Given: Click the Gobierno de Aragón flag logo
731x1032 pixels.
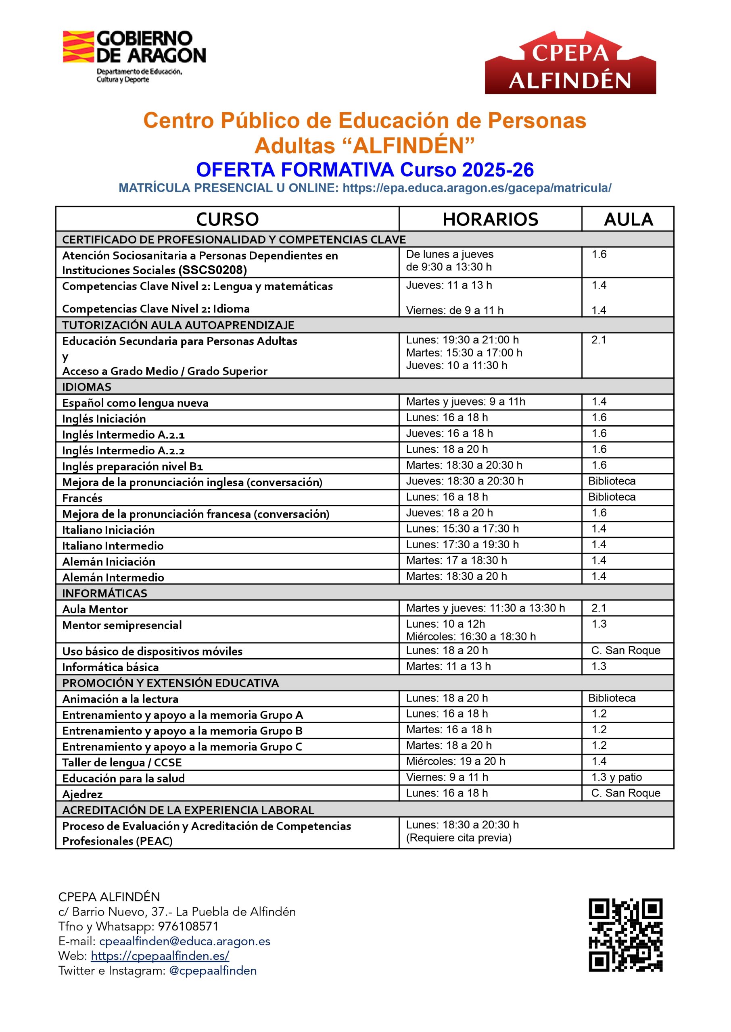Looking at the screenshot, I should click(x=78, y=46).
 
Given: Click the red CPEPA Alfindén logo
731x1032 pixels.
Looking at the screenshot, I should click(x=570, y=63).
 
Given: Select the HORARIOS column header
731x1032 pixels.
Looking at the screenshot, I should click(x=490, y=219).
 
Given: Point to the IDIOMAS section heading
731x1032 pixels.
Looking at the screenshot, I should click(x=87, y=387).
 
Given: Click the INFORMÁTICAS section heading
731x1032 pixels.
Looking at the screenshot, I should click(x=104, y=593).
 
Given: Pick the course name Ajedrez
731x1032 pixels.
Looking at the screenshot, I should click(x=82, y=795).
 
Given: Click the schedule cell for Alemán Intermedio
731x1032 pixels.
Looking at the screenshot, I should click(x=456, y=576).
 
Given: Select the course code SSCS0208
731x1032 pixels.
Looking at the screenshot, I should click(x=213, y=270).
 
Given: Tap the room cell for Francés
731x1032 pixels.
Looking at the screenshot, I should click(x=612, y=497).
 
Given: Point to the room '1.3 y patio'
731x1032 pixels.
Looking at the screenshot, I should click(x=616, y=777).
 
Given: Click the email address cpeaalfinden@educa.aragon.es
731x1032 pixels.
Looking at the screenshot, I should click(x=184, y=941).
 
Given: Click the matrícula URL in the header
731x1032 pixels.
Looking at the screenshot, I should click(x=477, y=188).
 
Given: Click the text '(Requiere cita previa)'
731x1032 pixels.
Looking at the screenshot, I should click(x=459, y=838).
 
